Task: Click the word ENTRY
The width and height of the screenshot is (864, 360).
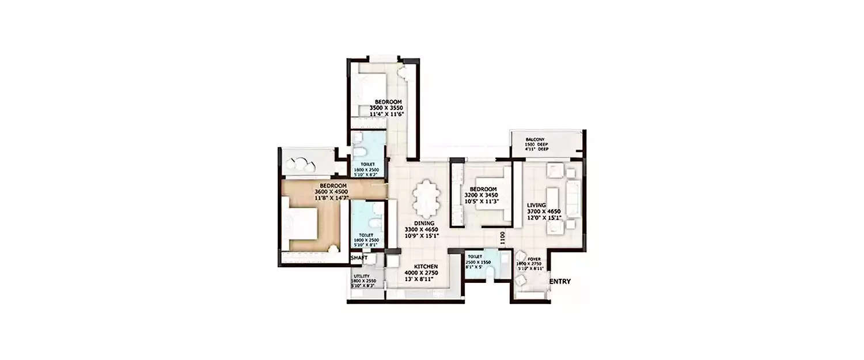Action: coord(560,282)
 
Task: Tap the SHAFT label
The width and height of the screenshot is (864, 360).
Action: coord(359,257)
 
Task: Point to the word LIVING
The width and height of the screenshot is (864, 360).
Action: coord(536,205)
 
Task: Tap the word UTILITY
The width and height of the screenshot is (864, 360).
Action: coord(362,276)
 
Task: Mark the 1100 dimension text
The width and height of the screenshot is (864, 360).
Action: coord(502,238)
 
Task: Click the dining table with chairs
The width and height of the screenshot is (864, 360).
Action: coord(426,198)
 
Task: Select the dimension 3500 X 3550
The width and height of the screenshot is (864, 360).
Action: coord(386,108)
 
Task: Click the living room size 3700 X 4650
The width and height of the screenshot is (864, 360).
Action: coord(544,211)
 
